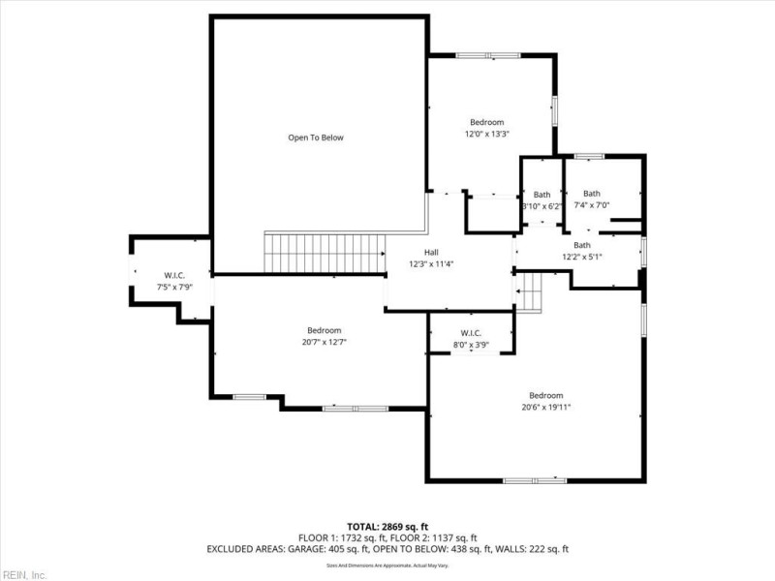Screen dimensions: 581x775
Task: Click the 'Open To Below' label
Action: coord(316,138)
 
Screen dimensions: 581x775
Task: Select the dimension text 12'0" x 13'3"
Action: coord(486,135)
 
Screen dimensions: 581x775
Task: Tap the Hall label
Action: coord(445,252)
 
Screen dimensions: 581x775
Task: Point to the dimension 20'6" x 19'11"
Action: coord(545,408)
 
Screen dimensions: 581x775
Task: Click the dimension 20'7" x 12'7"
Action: coord(324,342)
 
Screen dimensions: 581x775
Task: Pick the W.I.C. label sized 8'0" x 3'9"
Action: coord(471,333)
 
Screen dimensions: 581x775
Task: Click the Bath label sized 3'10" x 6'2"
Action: coord(542,195)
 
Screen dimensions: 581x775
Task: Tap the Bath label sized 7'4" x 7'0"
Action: coord(591,193)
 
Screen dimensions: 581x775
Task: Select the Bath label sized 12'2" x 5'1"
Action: coord(581,245)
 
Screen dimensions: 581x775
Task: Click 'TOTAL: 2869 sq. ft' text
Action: coord(387,526)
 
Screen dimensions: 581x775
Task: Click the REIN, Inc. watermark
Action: coord(23,574)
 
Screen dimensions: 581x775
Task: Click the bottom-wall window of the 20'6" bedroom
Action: coord(535,480)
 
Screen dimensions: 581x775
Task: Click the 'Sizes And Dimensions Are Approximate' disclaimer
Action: coord(387,564)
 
